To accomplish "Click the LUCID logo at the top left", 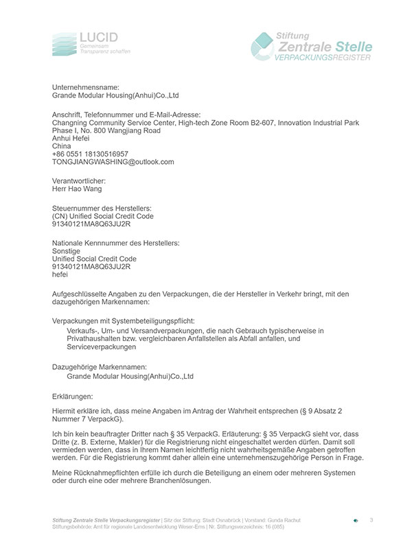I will coord(91,43).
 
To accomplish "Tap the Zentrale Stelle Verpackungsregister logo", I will coord(313,46).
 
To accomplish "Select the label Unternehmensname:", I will coord(86,87).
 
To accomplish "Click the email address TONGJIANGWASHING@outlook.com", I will coord(113,162).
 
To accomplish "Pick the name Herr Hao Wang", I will coord(77,189).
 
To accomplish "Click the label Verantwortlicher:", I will coord(81,180).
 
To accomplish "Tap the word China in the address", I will coord(62,145).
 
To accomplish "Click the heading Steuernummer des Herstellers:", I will coord(102,207).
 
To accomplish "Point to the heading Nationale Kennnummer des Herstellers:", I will coord(116,242).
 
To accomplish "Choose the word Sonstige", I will coord(67,250).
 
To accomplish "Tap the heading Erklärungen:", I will coord(76,396).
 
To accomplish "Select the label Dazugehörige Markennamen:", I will coord(99,368).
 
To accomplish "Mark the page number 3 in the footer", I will coord(371,519).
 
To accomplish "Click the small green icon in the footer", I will coord(355,521).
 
